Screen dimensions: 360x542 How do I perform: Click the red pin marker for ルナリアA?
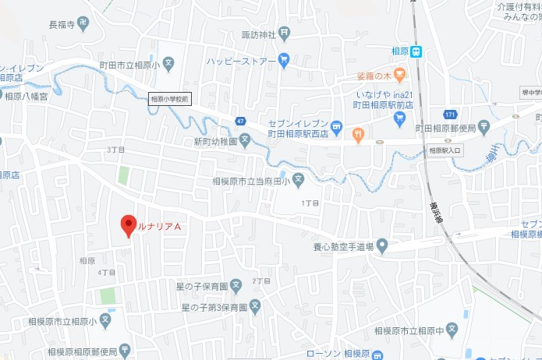pyautogui.click(x=129, y=225)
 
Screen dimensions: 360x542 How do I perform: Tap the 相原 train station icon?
pyautogui.click(x=417, y=52)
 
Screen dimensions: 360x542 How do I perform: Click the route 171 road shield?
pyautogui.click(x=450, y=115)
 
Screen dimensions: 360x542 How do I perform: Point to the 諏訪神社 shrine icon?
pyautogui.click(x=284, y=34)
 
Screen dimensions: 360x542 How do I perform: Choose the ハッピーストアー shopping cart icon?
pyautogui.click(x=284, y=59)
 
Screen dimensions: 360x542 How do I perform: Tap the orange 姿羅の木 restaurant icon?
pyautogui.click(x=399, y=76)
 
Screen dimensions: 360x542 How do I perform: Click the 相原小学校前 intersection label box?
pyautogui.click(x=169, y=98)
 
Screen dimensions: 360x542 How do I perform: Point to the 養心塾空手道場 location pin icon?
pyautogui.click(x=382, y=246)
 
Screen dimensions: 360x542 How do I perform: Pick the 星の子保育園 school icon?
pyautogui.click(x=236, y=287)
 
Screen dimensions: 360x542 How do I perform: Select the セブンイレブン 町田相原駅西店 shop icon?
pyautogui.click(x=336, y=125)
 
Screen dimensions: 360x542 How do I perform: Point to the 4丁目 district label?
pyautogui.click(x=107, y=273)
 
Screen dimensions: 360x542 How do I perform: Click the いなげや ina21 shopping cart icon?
pyautogui.click(x=400, y=118)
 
